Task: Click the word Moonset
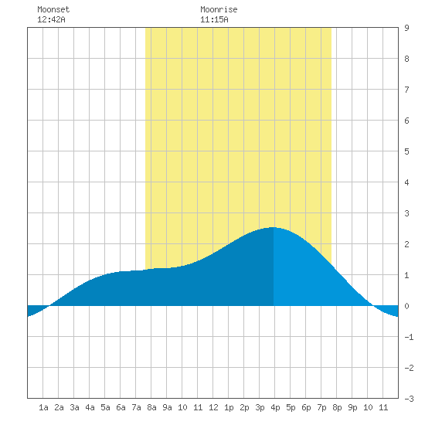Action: (53, 9)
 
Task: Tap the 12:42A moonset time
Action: (51, 19)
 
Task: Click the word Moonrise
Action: (219, 9)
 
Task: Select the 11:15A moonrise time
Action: (214, 19)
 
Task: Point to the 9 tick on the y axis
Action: (406, 28)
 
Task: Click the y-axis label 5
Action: (406, 151)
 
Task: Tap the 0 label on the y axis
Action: (406, 306)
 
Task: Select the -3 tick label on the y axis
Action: (409, 399)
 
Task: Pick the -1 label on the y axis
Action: (409, 337)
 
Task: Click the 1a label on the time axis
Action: (43, 407)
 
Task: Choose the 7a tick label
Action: (136, 407)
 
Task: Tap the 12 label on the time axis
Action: (213, 407)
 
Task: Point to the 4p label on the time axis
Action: (275, 407)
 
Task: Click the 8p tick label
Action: (337, 407)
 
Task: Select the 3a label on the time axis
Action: (74, 407)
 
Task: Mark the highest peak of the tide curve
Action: (273, 227)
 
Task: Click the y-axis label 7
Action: (406, 90)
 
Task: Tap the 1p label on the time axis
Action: (229, 407)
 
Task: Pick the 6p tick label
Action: (306, 407)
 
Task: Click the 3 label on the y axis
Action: (406, 213)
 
